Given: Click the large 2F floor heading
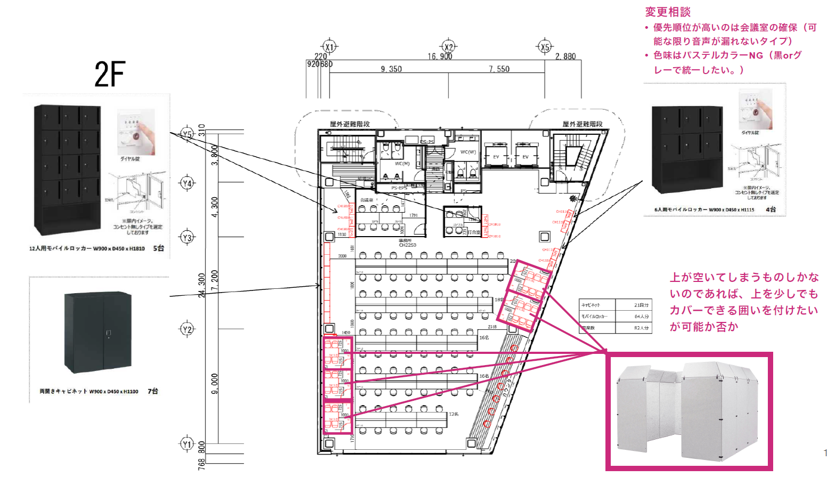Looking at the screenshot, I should [110, 74].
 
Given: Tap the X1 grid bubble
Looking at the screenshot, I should [330, 47].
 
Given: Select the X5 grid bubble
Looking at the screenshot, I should [545, 47].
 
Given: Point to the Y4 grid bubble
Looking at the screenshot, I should [187, 183].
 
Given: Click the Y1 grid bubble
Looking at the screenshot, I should [187, 444].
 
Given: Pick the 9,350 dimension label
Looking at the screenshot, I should [391, 69].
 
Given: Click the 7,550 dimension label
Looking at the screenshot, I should [499, 69].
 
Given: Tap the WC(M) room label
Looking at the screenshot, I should [402, 164].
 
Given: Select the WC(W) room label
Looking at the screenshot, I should [468, 152].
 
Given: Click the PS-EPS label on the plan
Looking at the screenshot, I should [399, 188].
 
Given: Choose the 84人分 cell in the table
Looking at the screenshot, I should [641, 317].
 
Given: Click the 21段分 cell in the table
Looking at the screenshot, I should [641, 305].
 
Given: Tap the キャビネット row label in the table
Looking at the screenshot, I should [591, 305].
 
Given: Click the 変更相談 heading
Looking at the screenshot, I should [668, 12].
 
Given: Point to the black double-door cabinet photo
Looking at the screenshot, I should [98, 332].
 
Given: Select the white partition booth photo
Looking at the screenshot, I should [689, 411].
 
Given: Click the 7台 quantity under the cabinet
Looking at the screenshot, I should [153, 391].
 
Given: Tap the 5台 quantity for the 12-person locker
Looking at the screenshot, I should [159, 248].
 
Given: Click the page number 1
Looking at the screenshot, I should [825, 453].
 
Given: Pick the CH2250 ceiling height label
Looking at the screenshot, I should [407, 245].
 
